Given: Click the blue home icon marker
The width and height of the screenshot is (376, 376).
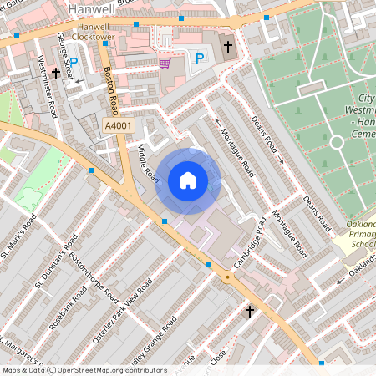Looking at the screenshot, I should (188, 180).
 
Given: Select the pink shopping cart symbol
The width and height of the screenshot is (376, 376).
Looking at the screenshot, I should (165, 63).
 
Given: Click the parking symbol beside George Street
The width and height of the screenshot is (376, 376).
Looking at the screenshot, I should (74, 62).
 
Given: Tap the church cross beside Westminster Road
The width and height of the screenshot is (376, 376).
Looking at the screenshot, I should (56, 74).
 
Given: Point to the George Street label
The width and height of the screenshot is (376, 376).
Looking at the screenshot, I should (64, 52).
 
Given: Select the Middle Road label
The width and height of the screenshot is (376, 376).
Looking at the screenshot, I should (147, 163).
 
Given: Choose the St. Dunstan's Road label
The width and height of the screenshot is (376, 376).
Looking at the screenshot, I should (51, 266).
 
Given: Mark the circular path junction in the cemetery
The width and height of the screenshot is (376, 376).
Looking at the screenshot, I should (337, 141).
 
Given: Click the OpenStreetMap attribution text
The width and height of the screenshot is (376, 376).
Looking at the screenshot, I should (84, 370).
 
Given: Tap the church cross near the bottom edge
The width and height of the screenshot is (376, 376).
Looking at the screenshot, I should (249, 312).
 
